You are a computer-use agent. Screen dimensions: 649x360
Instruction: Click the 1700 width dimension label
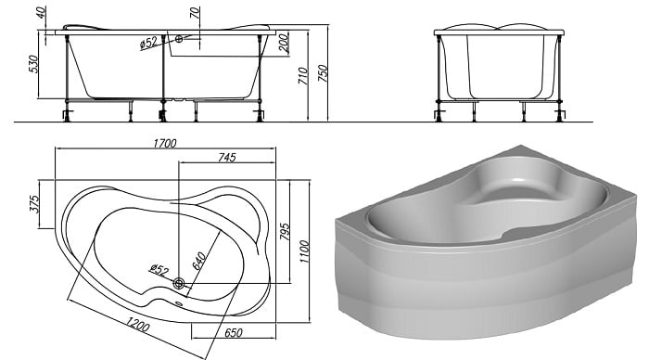pyautogui.click(x=165, y=143)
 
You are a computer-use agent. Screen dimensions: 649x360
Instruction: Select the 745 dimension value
pyautogui.click(x=227, y=158)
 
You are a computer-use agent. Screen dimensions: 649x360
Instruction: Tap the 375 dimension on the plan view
pyautogui.click(x=34, y=204)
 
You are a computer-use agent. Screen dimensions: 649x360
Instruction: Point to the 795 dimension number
pyautogui.click(x=285, y=232)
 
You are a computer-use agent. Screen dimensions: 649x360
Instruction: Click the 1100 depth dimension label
pyautogui.click(x=304, y=251)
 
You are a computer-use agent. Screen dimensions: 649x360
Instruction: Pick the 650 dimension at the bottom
pyautogui.click(x=234, y=333)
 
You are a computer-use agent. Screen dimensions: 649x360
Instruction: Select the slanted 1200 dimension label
pyautogui.click(x=137, y=324)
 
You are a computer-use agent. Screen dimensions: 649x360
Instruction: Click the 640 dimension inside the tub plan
pyautogui.click(x=199, y=261)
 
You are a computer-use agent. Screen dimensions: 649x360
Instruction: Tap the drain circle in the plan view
pyautogui.click(x=179, y=284)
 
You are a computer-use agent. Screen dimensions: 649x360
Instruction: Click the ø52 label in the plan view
pyautogui.click(x=159, y=270)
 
